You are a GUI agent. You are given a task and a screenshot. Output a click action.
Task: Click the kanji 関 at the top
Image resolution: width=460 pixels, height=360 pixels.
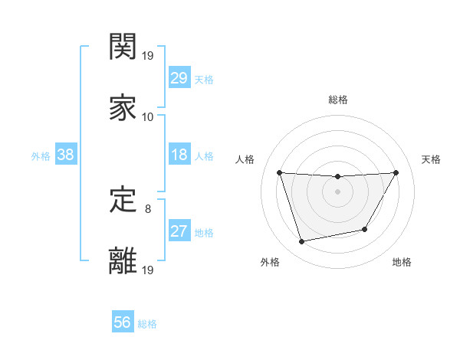(123, 47)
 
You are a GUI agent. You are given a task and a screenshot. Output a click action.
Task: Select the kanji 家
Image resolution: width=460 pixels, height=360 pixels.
(123, 106)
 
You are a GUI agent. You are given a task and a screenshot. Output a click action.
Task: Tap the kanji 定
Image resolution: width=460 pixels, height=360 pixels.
(123, 200)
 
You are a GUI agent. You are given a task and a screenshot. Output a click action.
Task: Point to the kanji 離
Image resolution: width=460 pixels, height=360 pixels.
(123, 260)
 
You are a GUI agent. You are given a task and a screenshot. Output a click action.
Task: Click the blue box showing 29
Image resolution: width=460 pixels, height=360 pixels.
(179, 78)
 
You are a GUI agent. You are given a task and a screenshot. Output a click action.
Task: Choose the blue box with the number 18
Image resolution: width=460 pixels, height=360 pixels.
(179, 155)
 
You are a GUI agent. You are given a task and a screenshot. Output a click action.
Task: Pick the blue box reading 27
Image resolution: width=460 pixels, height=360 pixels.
(179, 231)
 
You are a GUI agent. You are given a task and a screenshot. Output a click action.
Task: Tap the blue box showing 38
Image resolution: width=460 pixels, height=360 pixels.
(65, 155)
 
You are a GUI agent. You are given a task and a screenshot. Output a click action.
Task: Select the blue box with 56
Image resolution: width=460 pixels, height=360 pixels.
(122, 322)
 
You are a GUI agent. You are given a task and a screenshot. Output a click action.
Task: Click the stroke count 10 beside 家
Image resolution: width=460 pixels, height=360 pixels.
(147, 116)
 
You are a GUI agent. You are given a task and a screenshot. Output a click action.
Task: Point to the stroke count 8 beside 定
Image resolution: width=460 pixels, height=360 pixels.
(147, 208)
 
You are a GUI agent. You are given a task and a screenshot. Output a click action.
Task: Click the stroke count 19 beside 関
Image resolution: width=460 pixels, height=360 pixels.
(147, 56)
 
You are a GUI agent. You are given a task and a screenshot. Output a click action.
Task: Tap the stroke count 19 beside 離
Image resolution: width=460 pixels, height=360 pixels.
(147, 270)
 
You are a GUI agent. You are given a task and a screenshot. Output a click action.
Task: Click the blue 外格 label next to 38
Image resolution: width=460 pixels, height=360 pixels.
(41, 155)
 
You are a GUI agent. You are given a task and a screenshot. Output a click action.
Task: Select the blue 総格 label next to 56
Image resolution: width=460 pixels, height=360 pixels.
(147, 324)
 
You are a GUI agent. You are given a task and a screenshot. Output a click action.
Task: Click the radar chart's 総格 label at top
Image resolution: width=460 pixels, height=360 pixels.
(338, 100)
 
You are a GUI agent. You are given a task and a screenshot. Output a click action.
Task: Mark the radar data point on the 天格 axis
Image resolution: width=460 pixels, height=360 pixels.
(396, 172)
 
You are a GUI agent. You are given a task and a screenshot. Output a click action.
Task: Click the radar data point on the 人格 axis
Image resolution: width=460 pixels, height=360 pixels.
(280, 172)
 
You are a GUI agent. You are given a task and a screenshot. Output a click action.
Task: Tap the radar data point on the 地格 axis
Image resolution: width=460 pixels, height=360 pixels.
(365, 229)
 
